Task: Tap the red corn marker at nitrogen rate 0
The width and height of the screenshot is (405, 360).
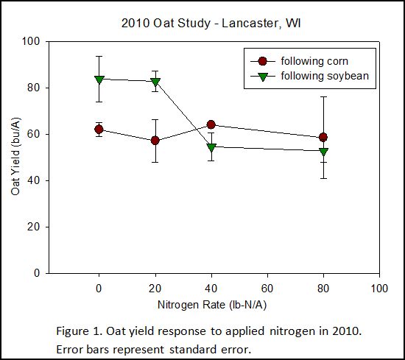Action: pyautogui.click(x=99, y=130)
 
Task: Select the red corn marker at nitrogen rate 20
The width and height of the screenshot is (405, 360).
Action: pyautogui.click(x=155, y=140)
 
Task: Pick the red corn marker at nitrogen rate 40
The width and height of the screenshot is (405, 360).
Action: pyautogui.click(x=211, y=124)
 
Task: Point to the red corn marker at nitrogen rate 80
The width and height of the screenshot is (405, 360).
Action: pyautogui.click(x=323, y=137)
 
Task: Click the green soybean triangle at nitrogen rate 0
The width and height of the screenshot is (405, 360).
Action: pyautogui.click(x=99, y=80)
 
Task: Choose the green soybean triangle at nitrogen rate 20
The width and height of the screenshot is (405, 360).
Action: pyautogui.click(x=155, y=82)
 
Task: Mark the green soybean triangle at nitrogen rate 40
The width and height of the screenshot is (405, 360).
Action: pyautogui.click(x=211, y=147)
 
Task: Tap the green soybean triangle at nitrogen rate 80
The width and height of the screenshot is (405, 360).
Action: pyautogui.click(x=323, y=152)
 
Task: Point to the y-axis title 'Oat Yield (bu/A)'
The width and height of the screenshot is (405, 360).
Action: pyautogui.click(x=15, y=158)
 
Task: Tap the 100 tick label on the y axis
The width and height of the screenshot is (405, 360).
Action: pyautogui.click(x=31, y=41)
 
